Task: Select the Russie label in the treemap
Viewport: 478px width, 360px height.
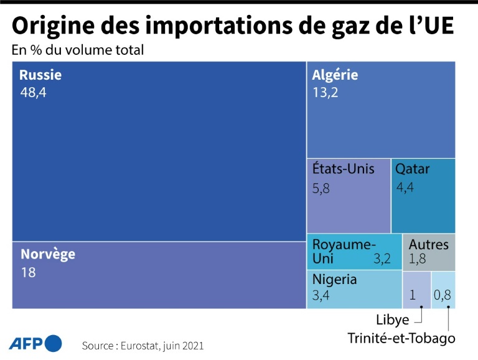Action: click(x=40, y=75)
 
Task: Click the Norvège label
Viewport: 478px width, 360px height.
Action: click(x=48, y=254)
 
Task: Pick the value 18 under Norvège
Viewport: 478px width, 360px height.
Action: click(x=29, y=272)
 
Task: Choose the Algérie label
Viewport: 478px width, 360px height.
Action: click(x=335, y=75)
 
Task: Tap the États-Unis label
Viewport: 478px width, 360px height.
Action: click(x=344, y=169)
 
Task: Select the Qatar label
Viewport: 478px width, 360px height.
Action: click(x=413, y=169)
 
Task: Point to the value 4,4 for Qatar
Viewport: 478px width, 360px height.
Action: click(x=405, y=187)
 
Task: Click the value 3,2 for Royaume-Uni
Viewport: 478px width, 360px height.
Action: click(x=382, y=259)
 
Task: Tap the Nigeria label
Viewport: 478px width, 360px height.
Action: click(x=335, y=279)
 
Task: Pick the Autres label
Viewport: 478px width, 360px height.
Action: click(x=429, y=244)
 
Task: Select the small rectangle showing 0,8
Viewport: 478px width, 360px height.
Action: click(x=443, y=290)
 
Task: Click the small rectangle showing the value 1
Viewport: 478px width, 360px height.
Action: click(x=416, y=290)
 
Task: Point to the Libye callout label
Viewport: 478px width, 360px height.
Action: click(x=393, y=320)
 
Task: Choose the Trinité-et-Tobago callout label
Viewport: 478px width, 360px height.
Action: click(x=401, y=338)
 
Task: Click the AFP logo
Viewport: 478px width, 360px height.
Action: click(x=35, y=343)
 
